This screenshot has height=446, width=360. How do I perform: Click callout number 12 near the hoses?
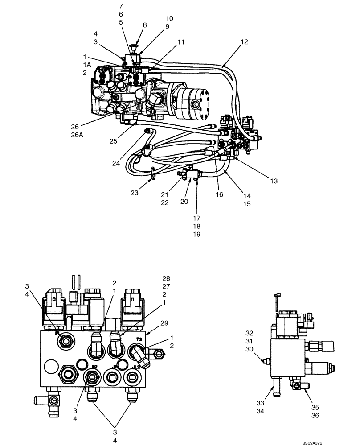click(244, 42)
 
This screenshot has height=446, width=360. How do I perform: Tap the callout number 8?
click(144, 25)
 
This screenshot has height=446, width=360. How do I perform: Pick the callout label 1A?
click(86, 65)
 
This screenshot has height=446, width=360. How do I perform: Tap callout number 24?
click(116, 164)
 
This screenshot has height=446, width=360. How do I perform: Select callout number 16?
click(219, 194)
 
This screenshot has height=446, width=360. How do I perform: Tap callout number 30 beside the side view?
click(249, 349)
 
